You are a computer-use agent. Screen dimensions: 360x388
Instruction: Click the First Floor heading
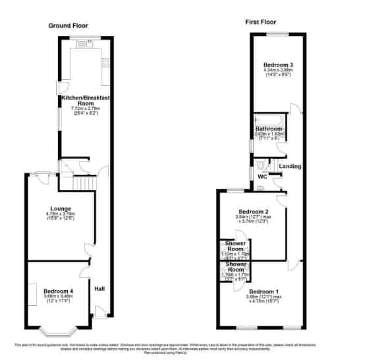tap(260, 21)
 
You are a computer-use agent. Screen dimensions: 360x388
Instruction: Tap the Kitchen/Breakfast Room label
tap(86, 101)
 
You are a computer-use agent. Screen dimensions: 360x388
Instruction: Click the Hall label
tap(99, 289)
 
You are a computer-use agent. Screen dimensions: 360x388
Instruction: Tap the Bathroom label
tap(269, 128)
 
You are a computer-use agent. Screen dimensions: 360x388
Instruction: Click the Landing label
tap(291, 166)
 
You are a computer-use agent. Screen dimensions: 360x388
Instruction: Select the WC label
tap(262, 177)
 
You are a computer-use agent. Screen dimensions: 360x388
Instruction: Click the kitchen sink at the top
tap(85, 44)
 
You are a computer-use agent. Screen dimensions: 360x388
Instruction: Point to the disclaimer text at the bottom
tap(194, 347)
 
